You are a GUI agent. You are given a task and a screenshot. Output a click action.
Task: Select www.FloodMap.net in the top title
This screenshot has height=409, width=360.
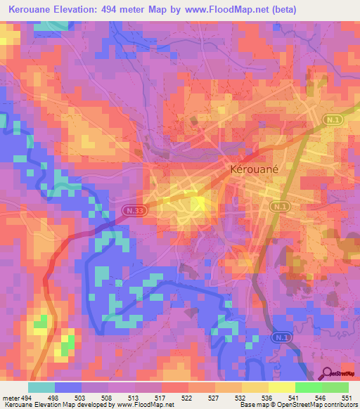pyautogui.click(x=226, y=10)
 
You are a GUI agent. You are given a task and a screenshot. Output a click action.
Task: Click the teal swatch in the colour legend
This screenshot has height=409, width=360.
pyautogui.click(x=41, y=387)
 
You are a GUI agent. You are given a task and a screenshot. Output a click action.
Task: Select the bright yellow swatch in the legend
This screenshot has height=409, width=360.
pyautogui.click(x=281, y=387)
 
